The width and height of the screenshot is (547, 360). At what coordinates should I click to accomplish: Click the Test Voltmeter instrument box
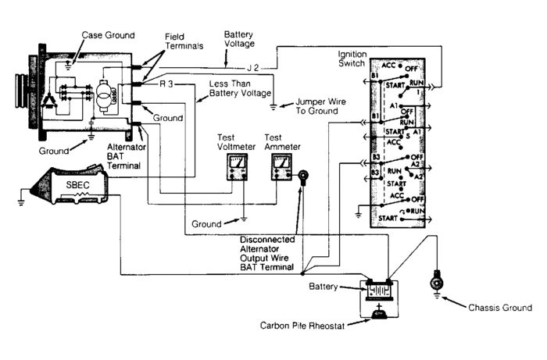[235, 166]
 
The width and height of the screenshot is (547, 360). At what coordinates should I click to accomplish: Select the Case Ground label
[108, 35]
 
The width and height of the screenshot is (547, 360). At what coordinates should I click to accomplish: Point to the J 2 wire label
[252, 67]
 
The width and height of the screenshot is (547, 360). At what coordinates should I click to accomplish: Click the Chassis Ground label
[492, 307]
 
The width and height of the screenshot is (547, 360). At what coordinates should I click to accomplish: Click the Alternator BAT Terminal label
[126, 146]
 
